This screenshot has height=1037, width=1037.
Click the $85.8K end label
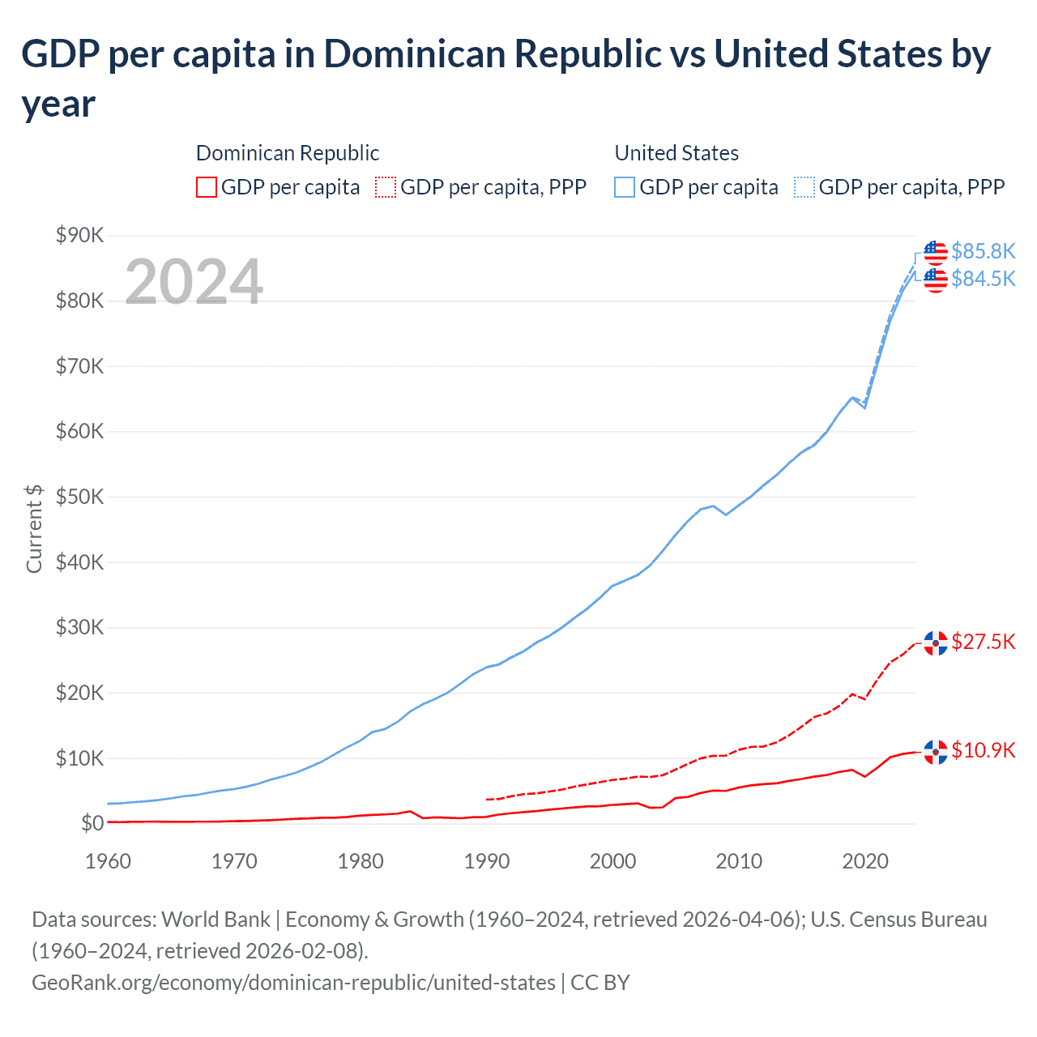[x=983, y=251]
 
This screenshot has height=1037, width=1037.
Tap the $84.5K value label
[x=983, y=279]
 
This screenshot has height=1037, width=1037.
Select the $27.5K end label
[x=983, y=642]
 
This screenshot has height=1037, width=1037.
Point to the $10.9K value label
[x=983, y=750]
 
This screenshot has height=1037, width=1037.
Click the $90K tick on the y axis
[x=79, y=235]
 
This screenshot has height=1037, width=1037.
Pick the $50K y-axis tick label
[x=79, y=497]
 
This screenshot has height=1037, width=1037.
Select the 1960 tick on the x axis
[x=108, y=860]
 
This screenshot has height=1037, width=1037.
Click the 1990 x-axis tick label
[x=487, y=860]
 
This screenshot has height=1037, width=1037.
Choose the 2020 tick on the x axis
[x=865, y=860]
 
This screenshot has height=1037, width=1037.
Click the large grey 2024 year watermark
[x=194, y=282]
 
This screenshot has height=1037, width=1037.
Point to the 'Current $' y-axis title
[x=34, y=529]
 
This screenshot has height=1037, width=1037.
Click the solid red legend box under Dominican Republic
[x=207, y=187]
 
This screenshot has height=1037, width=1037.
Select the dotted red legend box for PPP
[x=386, y=187]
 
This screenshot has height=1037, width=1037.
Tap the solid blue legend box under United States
[x=625, y=187]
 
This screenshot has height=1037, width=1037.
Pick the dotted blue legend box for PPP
[x=804, y=187]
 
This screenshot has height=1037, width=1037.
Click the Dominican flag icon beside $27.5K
[x=936, y=642]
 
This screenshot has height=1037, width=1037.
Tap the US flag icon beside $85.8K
[x=936, y=252]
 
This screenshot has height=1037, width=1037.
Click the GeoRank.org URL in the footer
[x=293, y=982]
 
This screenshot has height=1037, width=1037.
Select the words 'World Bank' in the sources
[x=216, y=919]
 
